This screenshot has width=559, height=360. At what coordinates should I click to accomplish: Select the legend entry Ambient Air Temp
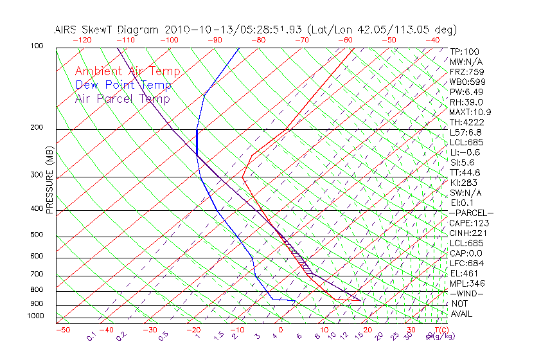[128, 72]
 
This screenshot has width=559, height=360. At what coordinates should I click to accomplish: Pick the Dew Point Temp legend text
[123, 85]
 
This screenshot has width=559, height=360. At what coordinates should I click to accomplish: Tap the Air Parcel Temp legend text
[123, 99]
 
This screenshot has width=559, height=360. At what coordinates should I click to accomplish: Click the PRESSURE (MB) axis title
[49, 181]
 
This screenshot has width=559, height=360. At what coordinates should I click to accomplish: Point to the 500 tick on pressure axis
[37, 235]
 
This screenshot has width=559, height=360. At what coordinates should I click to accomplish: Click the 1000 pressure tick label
[35, 316]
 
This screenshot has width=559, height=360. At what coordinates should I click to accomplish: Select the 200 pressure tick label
[37, 128]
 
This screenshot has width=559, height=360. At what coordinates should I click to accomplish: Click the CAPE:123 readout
[466, 223]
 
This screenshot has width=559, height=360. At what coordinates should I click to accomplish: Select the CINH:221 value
[466, 233]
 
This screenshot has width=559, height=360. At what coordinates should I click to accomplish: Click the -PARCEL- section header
[471, 213]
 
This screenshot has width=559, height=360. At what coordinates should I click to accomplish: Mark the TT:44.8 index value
[465, 172]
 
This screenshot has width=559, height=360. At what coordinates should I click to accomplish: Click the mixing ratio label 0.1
[91, 336]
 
